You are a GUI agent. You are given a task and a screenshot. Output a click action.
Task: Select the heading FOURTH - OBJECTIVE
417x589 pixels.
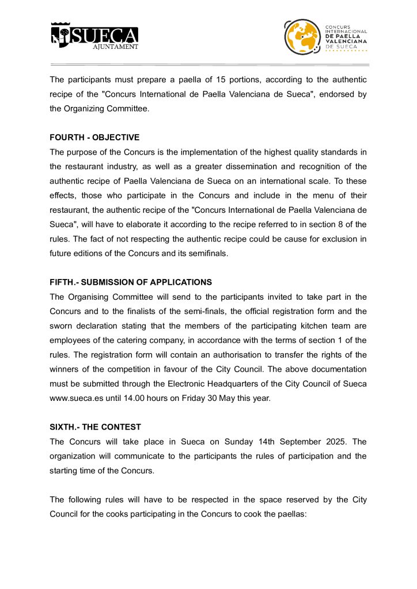(94, 137)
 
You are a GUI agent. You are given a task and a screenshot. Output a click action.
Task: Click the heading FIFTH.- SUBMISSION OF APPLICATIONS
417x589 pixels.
(131, 282)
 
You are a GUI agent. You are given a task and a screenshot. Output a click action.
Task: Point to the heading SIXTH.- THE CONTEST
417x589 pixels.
(95, 427)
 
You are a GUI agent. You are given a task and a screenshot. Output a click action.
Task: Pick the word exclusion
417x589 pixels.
(342, 239)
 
